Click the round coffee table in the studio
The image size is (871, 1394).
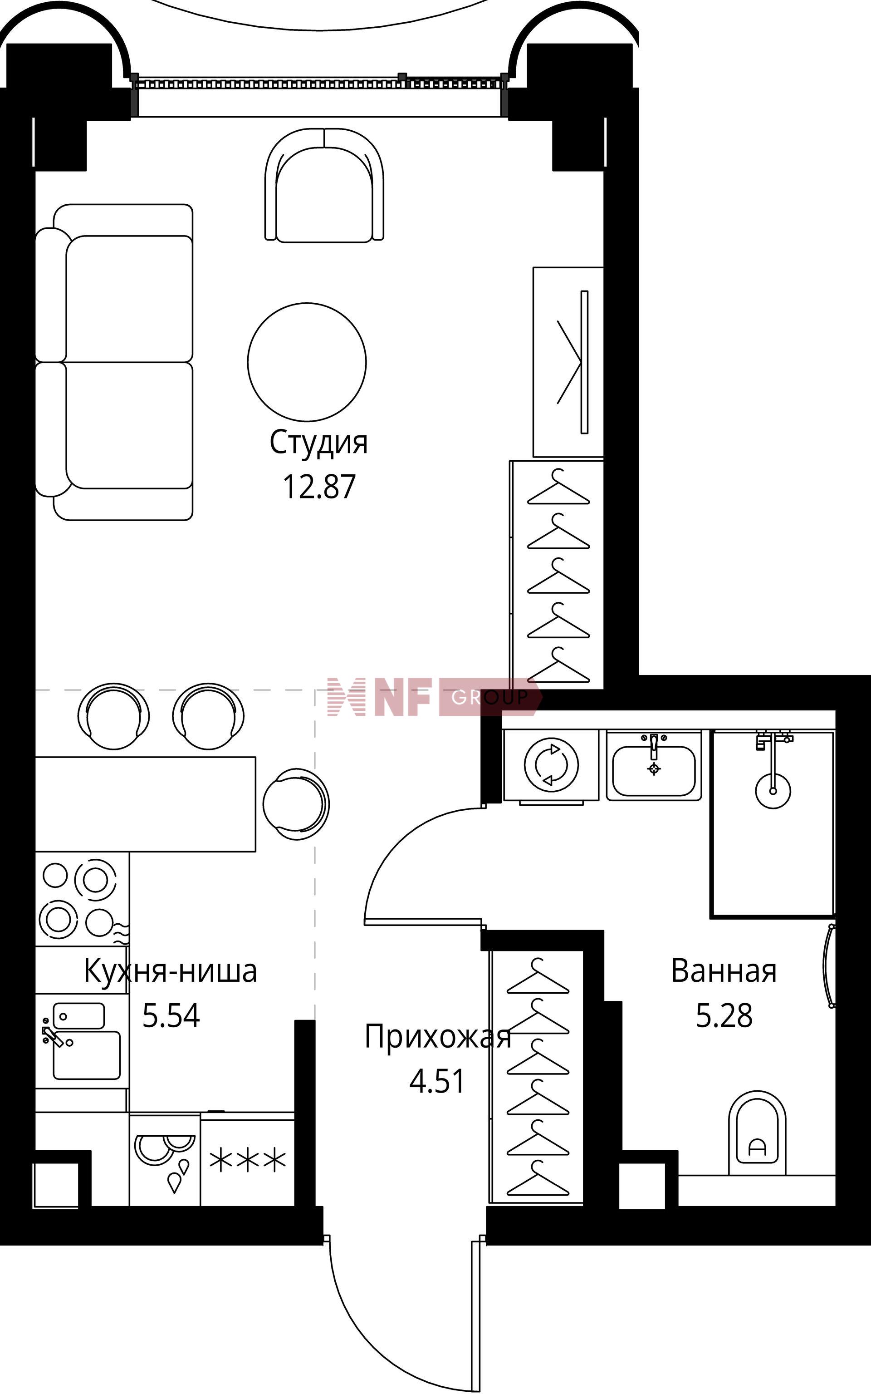[x=307, y=362]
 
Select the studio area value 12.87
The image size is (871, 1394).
[x=318, y=486]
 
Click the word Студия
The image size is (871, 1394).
[x=318, y=443]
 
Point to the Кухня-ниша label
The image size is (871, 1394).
[x=171, y=970]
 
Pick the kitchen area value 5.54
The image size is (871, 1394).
[x=171, y=1015]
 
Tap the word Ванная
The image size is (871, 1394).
[x=724, y=970]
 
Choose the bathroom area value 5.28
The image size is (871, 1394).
[x=724, y=1015]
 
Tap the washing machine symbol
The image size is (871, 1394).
[x=551, y=765]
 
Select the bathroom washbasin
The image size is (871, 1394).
[x=653, y=766]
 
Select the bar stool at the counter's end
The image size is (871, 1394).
[x=295, y=803]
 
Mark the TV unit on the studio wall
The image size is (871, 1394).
[x=568, y=362]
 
